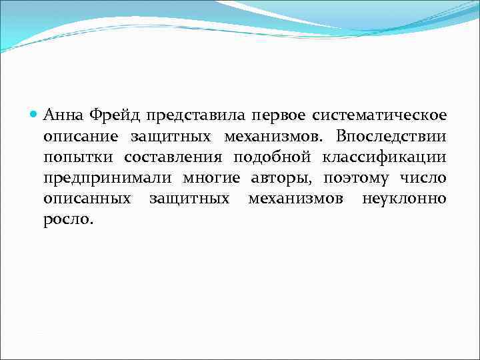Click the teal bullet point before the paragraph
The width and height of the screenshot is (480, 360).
[35, 115]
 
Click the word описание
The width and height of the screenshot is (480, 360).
[81, 137]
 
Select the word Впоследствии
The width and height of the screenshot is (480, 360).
[391, 137]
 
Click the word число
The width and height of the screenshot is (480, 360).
[424, 179]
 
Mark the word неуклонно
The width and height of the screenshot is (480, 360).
[404, 199]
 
